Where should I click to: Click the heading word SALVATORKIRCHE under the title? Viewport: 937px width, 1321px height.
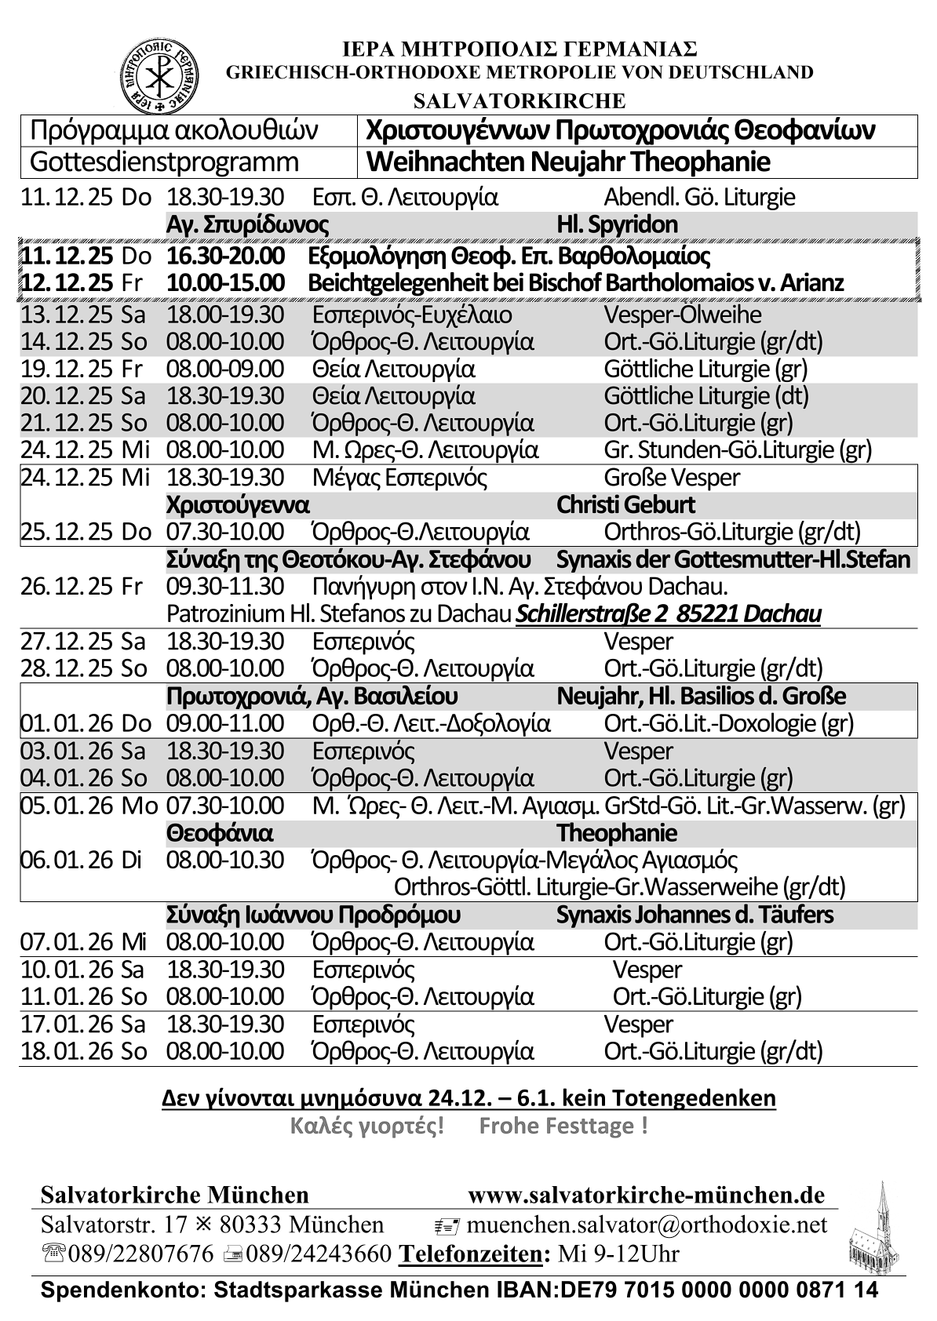[x=519, y=101]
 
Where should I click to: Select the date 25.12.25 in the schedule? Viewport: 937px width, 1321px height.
[x=69, y=532]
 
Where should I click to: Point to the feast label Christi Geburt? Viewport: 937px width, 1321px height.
[x=625, y=504]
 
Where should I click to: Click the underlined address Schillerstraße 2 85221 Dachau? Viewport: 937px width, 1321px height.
[x=668, y=613]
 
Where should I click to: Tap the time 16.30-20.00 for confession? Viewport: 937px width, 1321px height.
[x=225, y=256]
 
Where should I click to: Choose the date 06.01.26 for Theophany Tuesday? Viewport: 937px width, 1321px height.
[x=69, y=860]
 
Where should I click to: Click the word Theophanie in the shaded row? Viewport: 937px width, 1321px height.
[x=616, y=832]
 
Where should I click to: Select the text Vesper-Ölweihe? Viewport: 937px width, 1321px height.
[x=682, y=315]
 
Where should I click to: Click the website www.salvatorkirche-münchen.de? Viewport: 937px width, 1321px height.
[x=646, y=1195]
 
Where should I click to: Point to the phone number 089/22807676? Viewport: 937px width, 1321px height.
[x=140, y=1254]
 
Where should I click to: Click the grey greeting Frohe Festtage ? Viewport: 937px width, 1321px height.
[x=563, y=1126]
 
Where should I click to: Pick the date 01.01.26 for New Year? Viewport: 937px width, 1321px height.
[x=69, y=722]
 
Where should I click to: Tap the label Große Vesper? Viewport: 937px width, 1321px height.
[x=671, y=477]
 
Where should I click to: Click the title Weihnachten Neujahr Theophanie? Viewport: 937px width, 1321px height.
[x=568, y=162]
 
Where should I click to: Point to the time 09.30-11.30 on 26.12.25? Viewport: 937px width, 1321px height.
[x=225, y=586]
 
